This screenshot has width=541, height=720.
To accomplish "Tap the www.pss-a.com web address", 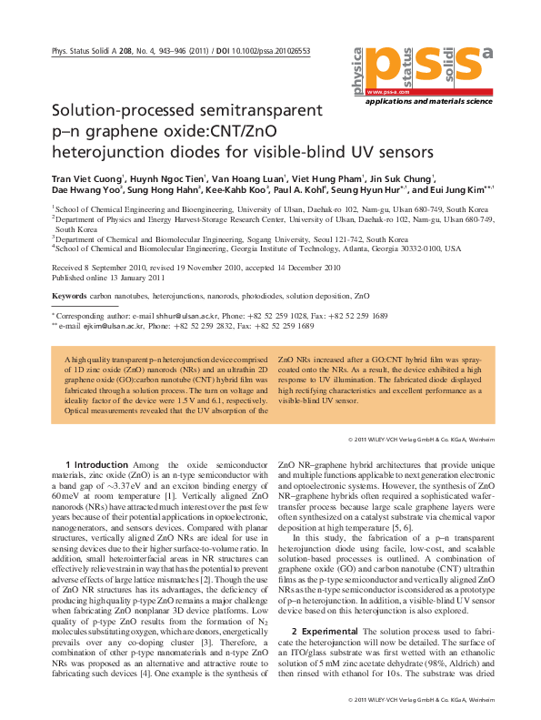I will pos(385,92).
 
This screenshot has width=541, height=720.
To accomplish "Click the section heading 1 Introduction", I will pos(104,465).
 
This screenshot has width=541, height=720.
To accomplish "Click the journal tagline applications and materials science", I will pos(440,103).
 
